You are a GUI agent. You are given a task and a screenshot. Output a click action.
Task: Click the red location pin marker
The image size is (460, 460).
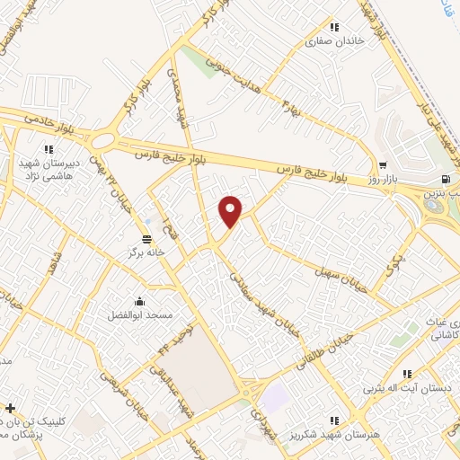coord(231,210)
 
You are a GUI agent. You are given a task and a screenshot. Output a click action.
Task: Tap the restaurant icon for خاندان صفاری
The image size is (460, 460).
coord(336,27)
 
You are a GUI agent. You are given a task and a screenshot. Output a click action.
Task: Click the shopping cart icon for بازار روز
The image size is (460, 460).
coord(384,165)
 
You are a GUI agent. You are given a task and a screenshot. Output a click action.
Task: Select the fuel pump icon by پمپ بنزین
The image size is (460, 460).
coord(447,178)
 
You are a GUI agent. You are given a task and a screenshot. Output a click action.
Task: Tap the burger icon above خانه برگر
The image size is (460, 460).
coord(146,238)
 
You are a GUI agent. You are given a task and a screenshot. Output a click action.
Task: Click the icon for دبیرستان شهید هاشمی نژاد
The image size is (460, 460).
coord(49,150)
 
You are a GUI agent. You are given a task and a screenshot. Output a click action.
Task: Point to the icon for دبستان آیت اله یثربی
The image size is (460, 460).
coord(406,374)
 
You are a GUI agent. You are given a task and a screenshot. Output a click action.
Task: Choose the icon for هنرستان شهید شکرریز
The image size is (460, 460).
coord(334,420)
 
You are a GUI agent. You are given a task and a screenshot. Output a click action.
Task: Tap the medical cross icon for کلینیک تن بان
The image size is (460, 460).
coord(10,407)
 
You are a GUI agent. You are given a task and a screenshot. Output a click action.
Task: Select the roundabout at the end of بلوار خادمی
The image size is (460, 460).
coord(103,141)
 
